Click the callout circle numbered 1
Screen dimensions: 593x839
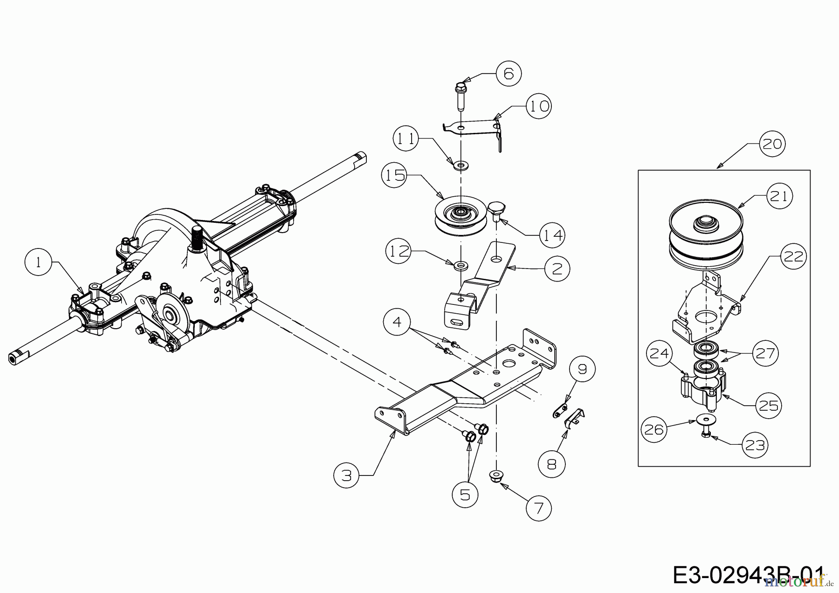[x=38, y=262]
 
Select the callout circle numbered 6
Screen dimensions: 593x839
[x=509, y=73]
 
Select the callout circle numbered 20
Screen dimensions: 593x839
[x=771, y=144]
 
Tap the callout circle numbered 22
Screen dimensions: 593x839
[x=793, y=256]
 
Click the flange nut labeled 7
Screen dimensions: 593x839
[x=497, y=476]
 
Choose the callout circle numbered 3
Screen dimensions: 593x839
[x=346, y=476]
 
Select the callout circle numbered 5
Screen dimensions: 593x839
[x=465, y=495]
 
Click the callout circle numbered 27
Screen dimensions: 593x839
[x=764, y=354]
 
